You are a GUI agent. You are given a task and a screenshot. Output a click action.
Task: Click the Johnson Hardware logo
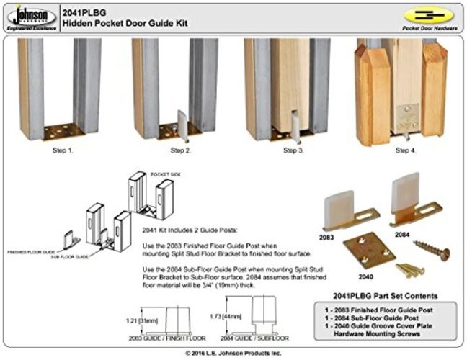[x=30, y=16]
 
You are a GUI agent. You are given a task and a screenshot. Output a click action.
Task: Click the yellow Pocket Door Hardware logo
[x=430, y=17]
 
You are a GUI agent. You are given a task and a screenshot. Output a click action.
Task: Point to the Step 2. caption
[x=179, y=150]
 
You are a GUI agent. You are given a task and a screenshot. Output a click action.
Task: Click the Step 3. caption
[x=293, y=150]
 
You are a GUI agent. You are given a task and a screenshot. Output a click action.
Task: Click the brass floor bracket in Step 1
[x=63, y=131]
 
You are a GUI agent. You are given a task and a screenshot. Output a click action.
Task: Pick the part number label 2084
[x=400, y=234]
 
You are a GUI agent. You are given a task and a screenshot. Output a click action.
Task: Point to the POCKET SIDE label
[x=165, y=174]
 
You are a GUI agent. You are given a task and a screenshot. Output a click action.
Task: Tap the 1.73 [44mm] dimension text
[x=231, y=315]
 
